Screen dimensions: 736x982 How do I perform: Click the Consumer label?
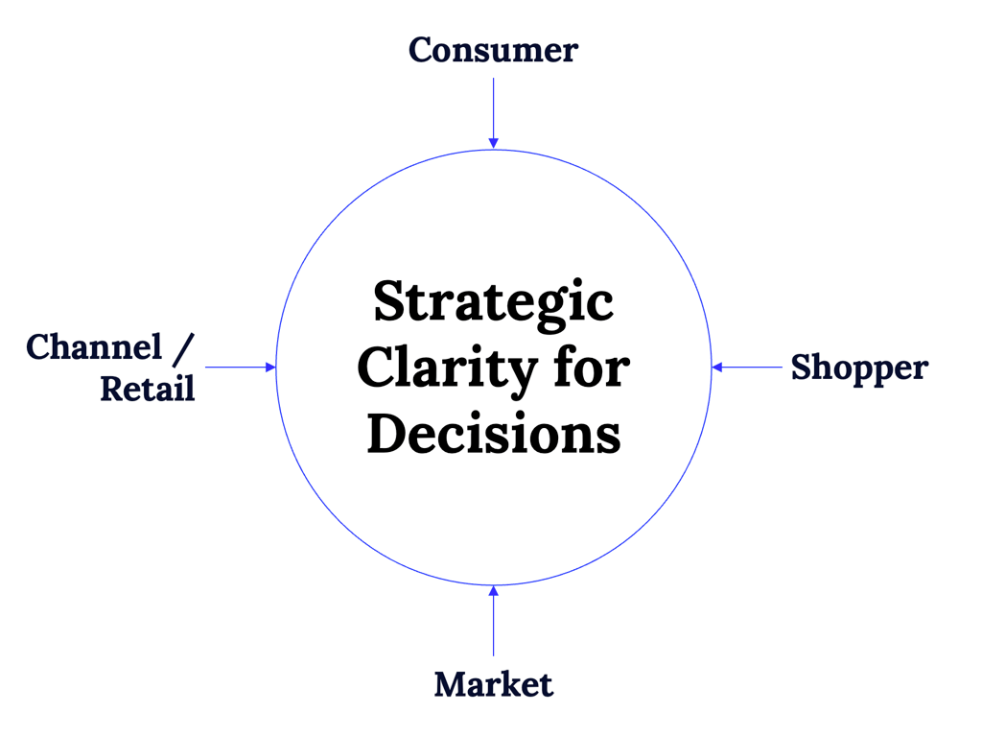493,50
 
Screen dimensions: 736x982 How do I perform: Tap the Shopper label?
859,368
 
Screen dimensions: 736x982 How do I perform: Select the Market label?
493,685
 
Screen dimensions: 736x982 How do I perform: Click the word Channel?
94,347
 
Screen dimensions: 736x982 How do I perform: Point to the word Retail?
148,388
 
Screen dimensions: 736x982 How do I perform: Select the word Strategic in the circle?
493,302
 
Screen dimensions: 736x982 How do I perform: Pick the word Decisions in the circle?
493,434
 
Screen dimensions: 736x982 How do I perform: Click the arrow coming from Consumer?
493,110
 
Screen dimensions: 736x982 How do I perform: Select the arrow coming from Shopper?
748,368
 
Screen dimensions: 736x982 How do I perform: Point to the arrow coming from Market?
493,622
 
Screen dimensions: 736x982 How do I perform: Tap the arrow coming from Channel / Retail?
240,368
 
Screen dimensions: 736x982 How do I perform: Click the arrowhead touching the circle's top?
493,143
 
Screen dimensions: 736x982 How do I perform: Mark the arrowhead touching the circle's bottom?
493,591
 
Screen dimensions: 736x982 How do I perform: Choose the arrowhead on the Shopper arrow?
717,368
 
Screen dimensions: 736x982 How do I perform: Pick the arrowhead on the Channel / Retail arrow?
270,368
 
